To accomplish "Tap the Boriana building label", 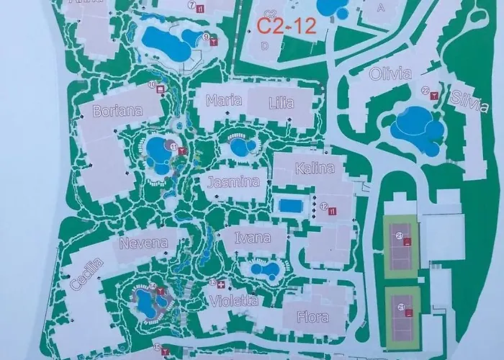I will point(118,112).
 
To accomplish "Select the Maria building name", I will point(223,101).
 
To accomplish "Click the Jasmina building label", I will point(229,183).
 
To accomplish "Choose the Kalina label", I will point(315,169).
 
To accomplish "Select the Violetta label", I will point(234,302).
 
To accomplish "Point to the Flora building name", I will point(312,317).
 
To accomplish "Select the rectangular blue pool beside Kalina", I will point(291,206).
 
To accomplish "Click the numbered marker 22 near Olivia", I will point(426,91).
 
